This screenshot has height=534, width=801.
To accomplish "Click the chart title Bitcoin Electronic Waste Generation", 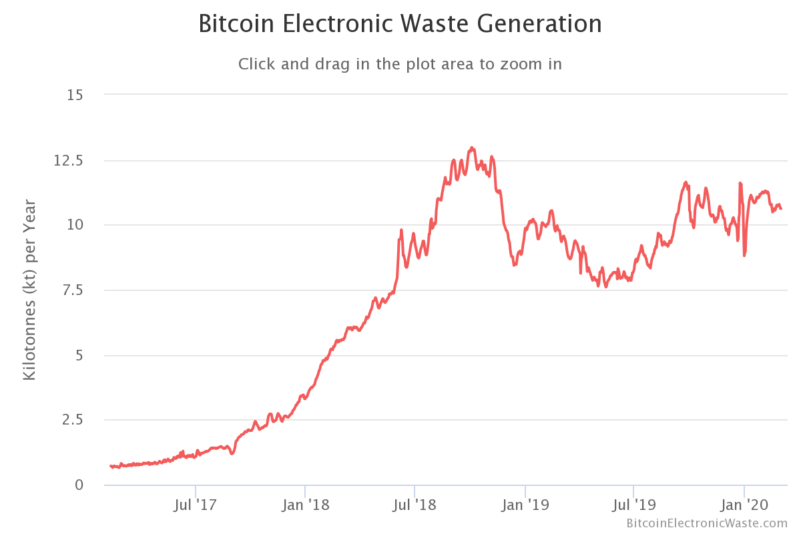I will point(400,25).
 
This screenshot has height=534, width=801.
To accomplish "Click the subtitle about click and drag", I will point(400,64).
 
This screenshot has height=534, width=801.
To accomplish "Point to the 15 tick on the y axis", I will point(75,95).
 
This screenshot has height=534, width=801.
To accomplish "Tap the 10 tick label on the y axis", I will point(75,225).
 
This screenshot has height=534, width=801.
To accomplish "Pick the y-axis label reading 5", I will point(79,355).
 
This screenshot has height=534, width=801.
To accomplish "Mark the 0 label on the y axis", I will point(79,485).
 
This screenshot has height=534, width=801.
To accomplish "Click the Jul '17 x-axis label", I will point(195,505).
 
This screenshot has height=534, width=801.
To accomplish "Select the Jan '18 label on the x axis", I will point(305,505).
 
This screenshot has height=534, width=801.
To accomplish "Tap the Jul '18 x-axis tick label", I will point(415,505).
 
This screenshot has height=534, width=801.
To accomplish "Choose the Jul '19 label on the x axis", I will point(633,505).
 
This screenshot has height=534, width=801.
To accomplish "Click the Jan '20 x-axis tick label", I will point(744,505).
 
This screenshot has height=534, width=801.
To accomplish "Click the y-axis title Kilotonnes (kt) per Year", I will point(29,290).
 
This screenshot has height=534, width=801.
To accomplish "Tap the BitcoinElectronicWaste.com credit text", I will point(707,523).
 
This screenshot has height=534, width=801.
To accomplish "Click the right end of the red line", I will point(781,209).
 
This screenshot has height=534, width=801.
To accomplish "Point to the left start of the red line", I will point(111,466).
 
